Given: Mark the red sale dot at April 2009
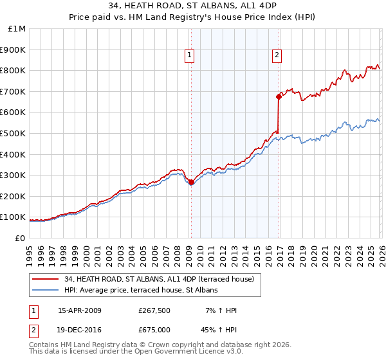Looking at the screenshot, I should pos(191,182).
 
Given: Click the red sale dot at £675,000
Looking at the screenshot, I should pos(279,96).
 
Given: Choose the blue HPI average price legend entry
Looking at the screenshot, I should pos(141,291).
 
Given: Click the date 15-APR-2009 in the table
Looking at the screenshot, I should pos(79,310).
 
